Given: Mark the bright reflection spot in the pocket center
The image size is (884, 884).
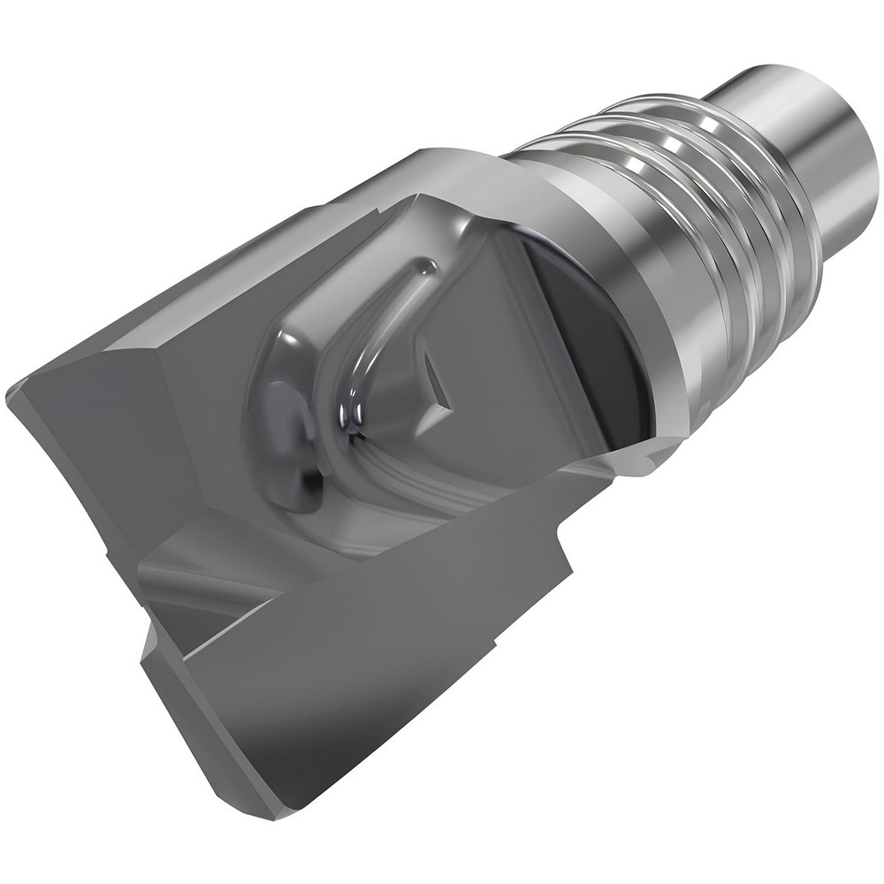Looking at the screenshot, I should pos(354,415).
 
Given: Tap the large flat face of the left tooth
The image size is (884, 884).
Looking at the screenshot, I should pos(97,460).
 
